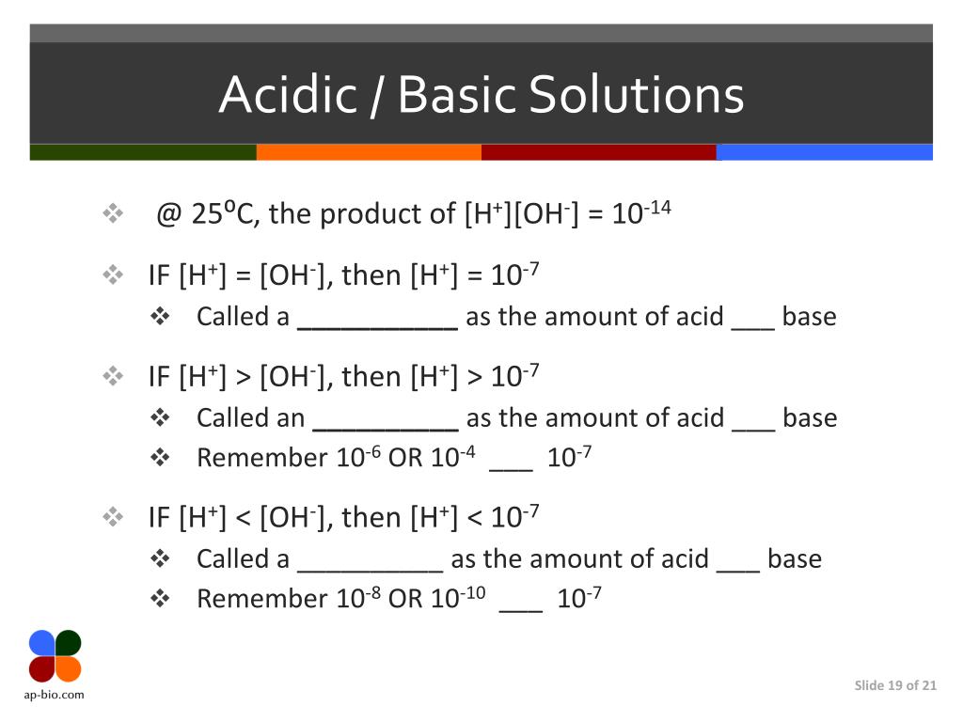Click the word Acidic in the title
tap(289, 95)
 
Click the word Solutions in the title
tap(636, 95)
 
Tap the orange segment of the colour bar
tap(369, 152)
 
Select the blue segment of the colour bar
tap(824, 152)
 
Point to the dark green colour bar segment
tap(143, 152)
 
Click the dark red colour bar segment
tap(598, 152)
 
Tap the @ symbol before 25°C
tap(168, 215)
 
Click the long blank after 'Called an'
tap(385, 419)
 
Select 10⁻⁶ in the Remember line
tap(357, 457)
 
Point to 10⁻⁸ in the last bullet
tap(357, 598)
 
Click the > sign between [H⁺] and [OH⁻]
tap(244, 377)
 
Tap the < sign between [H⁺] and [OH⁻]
tap(244, 518)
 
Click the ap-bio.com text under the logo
tap(55, 695)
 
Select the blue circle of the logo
tap(42, 643)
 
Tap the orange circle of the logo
tap(69, 668)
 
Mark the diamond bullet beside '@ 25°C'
tap(113, 215)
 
